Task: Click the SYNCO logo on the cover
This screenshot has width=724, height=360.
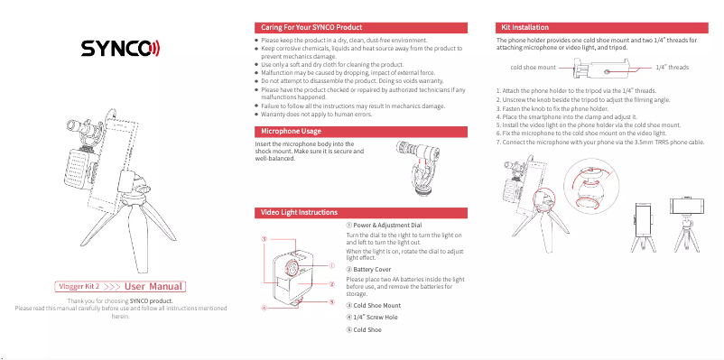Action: (119, 48)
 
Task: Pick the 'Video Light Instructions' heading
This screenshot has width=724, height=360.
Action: (299, 212)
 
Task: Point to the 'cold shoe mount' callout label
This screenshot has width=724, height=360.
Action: (533, 68)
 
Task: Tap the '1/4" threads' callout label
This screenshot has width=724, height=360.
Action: (672, 68)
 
